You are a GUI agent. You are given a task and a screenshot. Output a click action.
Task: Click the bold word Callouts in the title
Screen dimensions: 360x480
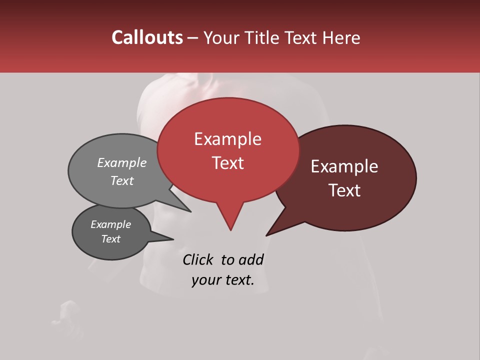click(147, 37)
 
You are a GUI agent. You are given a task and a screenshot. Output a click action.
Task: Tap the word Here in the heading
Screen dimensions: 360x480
click(341, 37)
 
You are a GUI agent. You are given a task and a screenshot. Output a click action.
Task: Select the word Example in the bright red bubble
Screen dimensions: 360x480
click(227, 139)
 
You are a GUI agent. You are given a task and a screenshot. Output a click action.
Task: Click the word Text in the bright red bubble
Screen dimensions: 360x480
click(227, 163)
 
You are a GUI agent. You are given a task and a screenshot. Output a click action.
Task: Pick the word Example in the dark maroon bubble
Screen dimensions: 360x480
click(344, 166)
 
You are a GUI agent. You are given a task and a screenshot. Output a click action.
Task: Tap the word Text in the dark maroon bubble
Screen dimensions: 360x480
click(344, 190)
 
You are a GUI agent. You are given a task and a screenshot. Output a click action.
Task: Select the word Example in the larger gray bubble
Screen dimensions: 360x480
click(122, 163)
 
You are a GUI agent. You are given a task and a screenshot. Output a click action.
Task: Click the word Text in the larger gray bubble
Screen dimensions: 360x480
click(122, 180)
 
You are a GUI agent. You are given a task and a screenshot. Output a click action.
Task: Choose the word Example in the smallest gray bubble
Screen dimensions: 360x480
click(110, 224)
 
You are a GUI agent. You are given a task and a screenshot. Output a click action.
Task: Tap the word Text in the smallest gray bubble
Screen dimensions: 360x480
click(110, 239)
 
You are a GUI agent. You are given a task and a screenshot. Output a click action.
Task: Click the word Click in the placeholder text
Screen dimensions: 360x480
click(197, 259)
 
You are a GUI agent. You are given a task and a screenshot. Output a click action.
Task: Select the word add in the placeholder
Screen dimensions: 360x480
click(251, 259)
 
